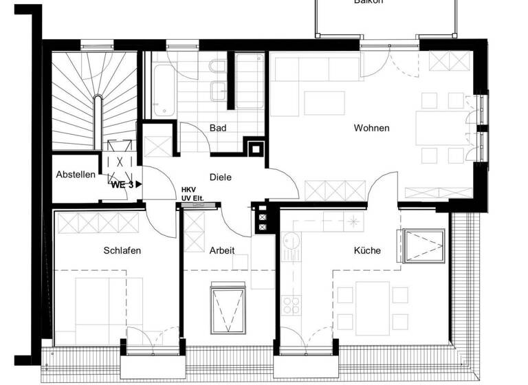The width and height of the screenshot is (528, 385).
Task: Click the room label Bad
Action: click(218, 128)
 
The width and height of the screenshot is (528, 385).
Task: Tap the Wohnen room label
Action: click(371, 128)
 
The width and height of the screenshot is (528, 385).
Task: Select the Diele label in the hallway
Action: click(220, 177)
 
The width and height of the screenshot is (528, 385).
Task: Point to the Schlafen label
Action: click(122, 251)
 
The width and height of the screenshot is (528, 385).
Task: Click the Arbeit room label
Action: click(221, 251)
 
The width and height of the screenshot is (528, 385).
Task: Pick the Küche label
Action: click(367, 251)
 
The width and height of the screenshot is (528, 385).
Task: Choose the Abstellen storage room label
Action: click(76, 175)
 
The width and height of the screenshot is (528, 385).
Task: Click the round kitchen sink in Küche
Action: click(289, 241)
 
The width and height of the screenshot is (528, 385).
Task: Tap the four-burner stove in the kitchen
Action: click(289, 305)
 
